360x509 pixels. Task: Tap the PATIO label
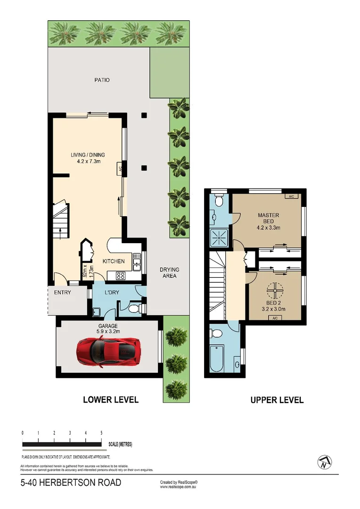[x=101, y=80]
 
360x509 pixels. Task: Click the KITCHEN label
[x=114, y=261]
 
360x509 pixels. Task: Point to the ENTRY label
[x=63, y=293]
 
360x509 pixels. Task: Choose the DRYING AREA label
[x=169, y=273]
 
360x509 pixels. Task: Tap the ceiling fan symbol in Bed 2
[x=274, y=288]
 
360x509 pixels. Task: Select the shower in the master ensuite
[x=219, y=238]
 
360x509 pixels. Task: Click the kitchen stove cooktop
[x=120, y=276]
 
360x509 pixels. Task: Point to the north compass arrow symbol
[x=325, y=462]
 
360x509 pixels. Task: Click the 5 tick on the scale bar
[x=102, y=433]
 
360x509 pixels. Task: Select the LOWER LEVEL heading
[x=111, y=400]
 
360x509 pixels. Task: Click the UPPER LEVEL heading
[x=277, y=400]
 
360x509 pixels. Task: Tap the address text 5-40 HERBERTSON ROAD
[x=71, y=483]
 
